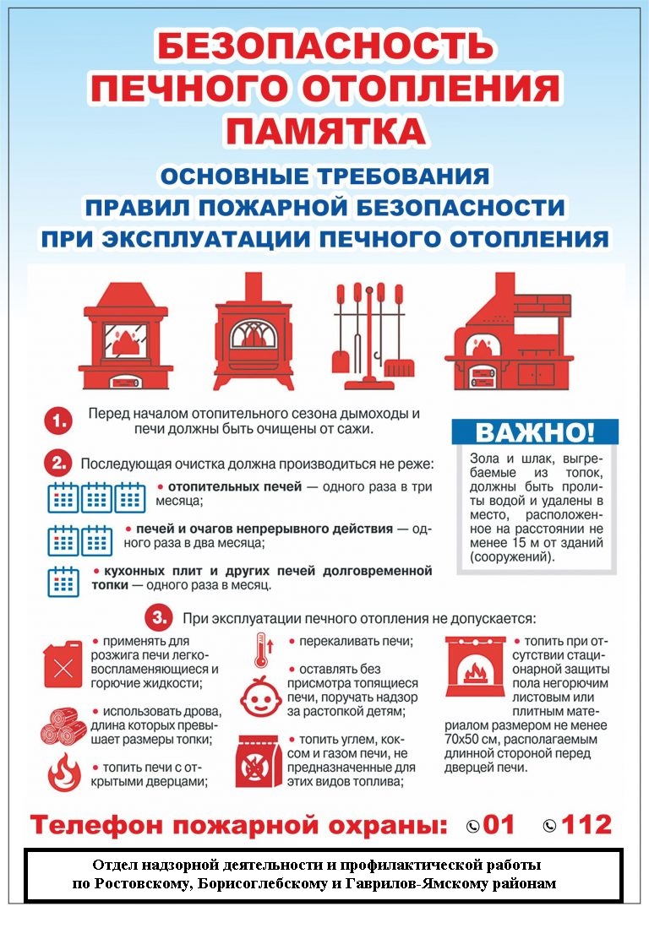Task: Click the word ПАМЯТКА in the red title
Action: [324, 131]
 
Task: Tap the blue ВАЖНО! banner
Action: [535, 431]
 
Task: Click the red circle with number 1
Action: [57, 420]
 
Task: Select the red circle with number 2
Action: [57, 463]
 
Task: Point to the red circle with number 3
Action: [159, 618]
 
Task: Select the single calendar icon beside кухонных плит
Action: [63, 581]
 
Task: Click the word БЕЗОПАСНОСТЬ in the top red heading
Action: [324, 47]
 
